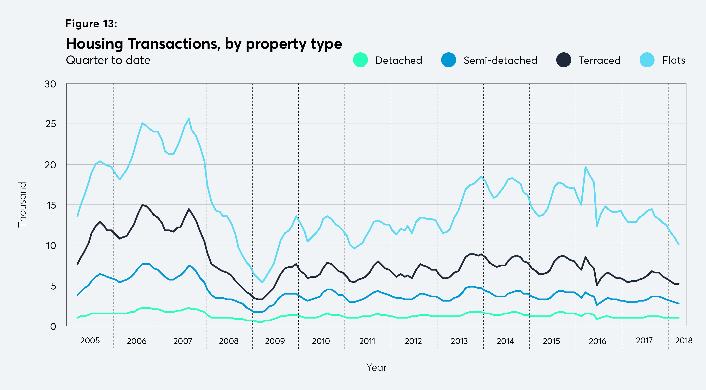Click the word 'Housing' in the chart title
click(95, 44)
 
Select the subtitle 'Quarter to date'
click(108, 60)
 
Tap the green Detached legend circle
click(360, 60)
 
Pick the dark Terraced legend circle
click(563, 60)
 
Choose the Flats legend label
click(673, 60)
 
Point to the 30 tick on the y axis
click(50, 84)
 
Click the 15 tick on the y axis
click(51, 205)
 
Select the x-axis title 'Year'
click(376, 367)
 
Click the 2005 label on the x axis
click(90, 341)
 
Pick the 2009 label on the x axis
click(275, 341)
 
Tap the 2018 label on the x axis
click(684, 341)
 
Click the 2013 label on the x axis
click(459, 341)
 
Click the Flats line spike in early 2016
click(585, 167)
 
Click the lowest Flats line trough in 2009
click(262, 282)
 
